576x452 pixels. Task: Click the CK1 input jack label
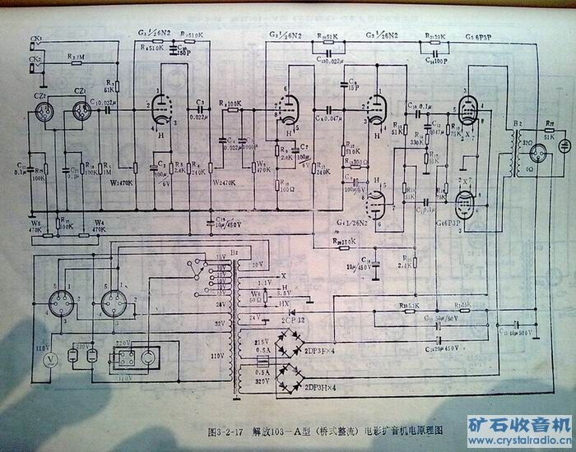click(x=35, y=39)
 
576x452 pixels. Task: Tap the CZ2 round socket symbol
click(x=46, y=120)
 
